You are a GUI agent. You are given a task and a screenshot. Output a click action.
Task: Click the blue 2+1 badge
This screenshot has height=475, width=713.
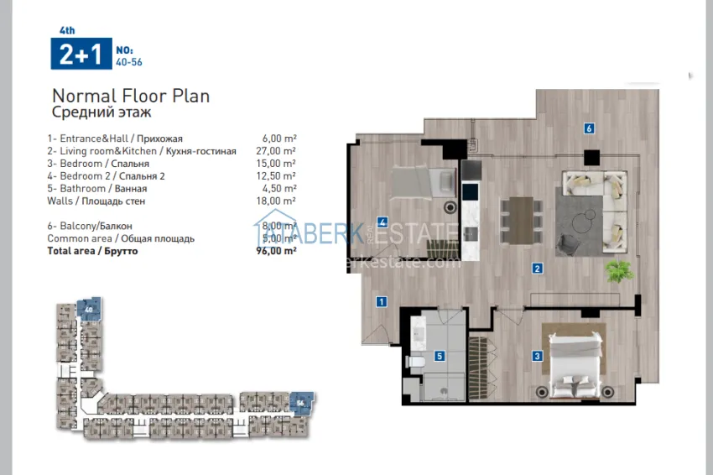[x=81, y=55]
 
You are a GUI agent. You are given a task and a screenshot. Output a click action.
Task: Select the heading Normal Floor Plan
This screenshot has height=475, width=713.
[x=131, y=96]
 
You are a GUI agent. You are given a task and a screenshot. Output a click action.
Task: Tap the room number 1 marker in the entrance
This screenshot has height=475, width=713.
[x=381, y=302]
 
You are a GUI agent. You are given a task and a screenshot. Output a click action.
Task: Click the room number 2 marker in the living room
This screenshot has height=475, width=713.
[x=535, y=269]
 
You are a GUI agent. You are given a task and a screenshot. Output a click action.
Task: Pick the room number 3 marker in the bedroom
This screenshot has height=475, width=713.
[x=537, y=355]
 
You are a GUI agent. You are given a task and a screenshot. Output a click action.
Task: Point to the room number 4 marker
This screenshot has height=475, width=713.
[x=382, y=222]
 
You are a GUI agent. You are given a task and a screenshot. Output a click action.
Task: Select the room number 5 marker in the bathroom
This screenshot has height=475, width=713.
[x=439, y=356]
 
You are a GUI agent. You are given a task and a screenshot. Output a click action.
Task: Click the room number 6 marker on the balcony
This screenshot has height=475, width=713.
[x=590, y=128]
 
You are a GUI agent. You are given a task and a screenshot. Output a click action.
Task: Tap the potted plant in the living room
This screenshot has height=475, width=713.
[x=619, y=269]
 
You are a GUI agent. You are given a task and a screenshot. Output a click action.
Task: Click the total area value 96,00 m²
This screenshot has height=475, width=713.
[x=278, y=251]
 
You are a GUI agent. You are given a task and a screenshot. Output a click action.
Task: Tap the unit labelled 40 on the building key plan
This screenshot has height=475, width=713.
[x=87, y=309]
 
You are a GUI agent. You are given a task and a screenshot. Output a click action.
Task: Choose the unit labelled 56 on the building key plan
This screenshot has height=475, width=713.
[x=299, y=403]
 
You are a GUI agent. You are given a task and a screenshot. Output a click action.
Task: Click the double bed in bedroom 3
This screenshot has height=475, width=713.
[x=574, y=361]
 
